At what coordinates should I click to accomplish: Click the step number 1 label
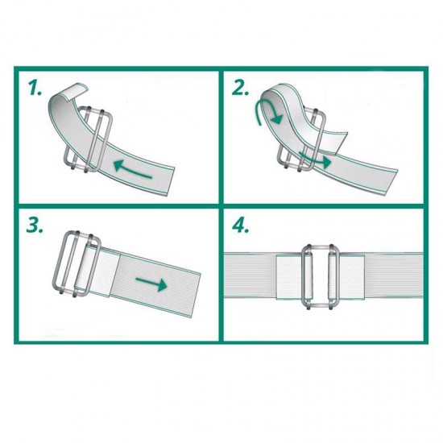[x=35, y=87]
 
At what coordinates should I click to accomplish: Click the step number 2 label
[x=240, y=88]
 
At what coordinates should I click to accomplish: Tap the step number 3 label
[x=35, y=226]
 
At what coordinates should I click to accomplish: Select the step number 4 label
[x=241, y=226]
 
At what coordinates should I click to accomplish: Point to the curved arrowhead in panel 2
[x=275, y=118]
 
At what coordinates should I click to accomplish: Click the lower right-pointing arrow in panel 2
[x=315, y=159]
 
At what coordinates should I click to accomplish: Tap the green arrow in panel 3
[x=151, y=284]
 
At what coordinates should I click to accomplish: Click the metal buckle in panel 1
[x=88, y=139]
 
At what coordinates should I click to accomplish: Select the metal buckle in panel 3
[x=76, y=264]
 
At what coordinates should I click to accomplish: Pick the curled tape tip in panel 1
[x=75, y=91]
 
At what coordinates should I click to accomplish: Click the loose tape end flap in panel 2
[x=335, y=143]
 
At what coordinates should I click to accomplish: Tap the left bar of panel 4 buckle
[x=308, y=276]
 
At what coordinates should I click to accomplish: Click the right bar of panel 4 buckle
[x=333, y=276]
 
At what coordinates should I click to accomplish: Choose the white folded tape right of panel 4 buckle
[x=352, y=276]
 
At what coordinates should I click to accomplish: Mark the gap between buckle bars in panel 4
[x=321, y=276]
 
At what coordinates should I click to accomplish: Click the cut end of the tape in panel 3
[x=197, y=296]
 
